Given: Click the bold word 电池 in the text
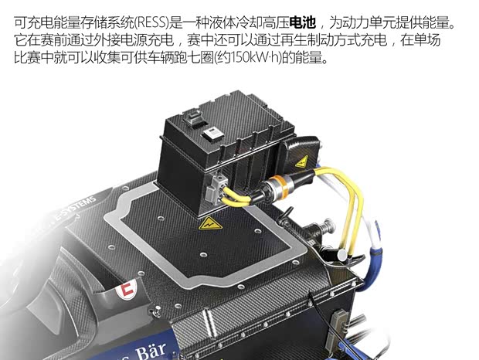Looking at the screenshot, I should [x=303, y=23].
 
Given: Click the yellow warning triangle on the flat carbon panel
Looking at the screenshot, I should [x=206, y=224].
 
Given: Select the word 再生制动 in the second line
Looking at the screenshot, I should [x=280, y=40].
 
